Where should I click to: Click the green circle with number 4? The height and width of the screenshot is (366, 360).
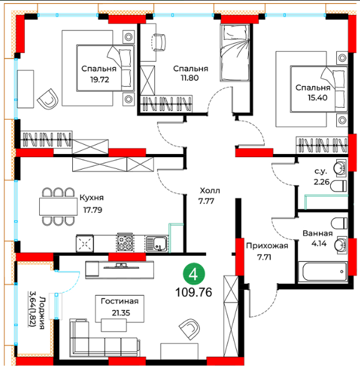194,274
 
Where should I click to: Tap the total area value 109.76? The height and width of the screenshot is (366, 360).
194,292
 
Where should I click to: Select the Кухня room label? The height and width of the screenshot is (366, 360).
92,198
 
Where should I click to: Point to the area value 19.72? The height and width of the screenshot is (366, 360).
100,80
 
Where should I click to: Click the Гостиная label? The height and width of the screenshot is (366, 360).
120,301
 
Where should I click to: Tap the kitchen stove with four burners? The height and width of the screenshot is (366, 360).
125,243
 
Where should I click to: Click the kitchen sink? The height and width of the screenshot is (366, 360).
156,244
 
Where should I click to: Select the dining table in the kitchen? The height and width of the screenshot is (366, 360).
59,206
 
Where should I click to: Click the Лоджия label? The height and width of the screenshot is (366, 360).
42,313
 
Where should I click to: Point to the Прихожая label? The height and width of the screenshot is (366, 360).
267,246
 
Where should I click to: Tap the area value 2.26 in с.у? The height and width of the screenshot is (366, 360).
322,181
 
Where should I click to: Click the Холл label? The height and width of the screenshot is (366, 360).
210,191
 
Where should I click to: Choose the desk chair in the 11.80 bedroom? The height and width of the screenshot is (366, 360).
159,42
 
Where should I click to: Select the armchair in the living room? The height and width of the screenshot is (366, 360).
190,330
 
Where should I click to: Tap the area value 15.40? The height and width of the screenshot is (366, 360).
317,97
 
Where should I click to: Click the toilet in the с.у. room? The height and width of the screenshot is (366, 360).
338,186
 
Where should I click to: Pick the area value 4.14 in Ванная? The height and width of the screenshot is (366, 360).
319,244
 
